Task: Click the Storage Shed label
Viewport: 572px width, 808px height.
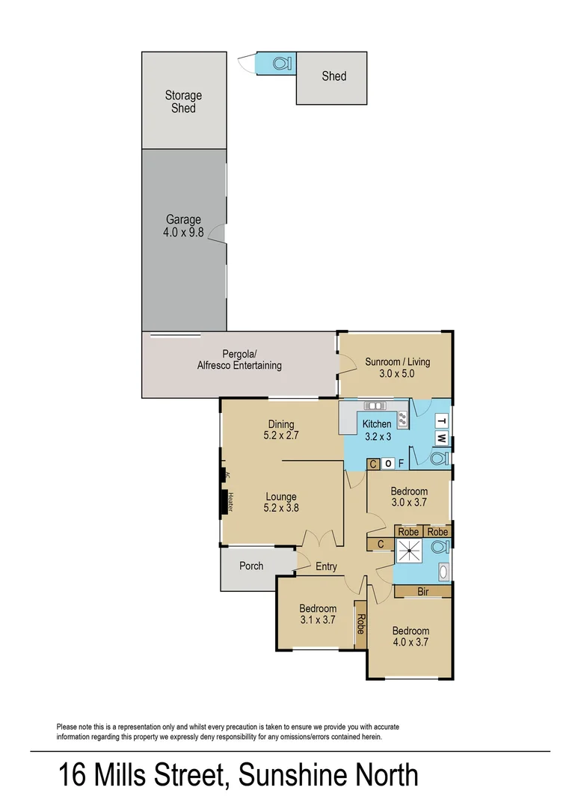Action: (x=183, y=102)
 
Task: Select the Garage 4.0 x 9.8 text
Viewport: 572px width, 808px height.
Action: (x=183, y=225)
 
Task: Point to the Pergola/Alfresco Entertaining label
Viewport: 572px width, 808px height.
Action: (x=239, y=360)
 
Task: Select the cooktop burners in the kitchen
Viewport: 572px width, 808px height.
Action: (x=402, y=419)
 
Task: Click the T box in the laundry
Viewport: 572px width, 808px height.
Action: (x=442, y=420)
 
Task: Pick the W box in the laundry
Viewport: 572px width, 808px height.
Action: (x=442, y=438)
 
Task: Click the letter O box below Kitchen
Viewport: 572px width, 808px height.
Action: (x=387, y=464)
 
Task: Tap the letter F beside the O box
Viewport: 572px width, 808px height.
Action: (x=402, y=464)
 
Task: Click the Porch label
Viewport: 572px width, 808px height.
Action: (x=251, y=566)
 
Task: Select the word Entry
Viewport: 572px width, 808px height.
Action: (x=326, y=566)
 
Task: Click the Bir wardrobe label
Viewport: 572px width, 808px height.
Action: (x=423, y=591)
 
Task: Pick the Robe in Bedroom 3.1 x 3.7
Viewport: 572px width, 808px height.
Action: (x=360, y=623)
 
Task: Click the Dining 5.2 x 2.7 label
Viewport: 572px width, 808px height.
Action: (x=280, y=429)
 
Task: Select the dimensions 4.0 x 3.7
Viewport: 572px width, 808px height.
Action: (x=410, y=641)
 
